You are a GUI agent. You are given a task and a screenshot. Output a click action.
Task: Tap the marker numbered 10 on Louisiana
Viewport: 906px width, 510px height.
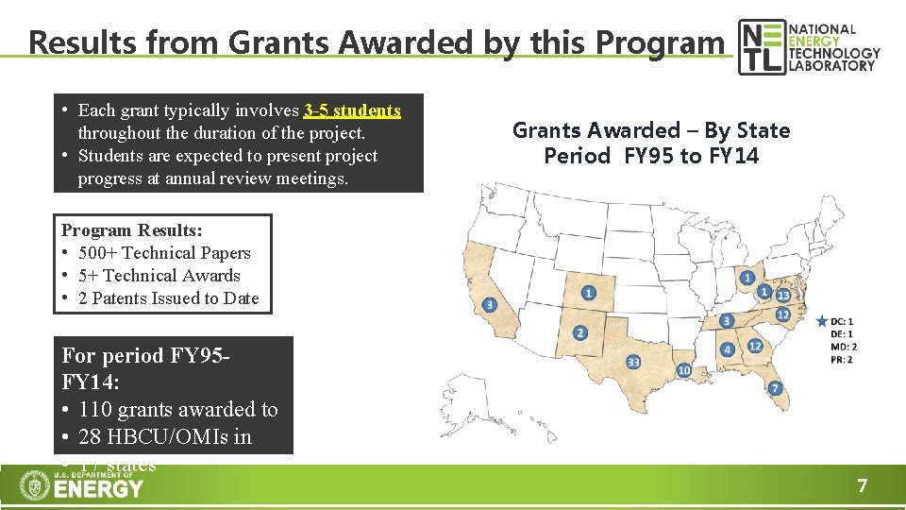tap(684, 370)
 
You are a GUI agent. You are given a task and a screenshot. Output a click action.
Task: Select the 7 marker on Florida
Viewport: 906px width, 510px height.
tap(775, 387)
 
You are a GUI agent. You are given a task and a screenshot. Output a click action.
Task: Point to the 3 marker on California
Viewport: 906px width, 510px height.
tap(489, 304)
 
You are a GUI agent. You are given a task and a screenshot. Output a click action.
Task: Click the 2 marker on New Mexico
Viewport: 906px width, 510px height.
tap(579, 332)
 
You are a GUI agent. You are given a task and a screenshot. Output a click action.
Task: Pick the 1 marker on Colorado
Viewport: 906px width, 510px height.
tap(589, 293)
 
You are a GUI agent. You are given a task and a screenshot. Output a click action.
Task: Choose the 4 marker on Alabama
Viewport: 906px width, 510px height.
tap(727, 349)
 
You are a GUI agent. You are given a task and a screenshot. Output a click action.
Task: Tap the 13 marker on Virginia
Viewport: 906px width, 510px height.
tap(782, 296)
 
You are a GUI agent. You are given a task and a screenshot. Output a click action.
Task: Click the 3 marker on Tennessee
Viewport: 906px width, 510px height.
tap(726, 321)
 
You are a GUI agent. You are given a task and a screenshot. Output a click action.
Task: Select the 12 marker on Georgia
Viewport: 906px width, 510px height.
tap(755, 347)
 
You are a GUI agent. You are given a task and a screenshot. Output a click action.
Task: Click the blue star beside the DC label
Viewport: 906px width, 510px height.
tap(822, 322)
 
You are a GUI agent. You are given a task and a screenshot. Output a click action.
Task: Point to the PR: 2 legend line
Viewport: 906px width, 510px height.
tap(843, 360)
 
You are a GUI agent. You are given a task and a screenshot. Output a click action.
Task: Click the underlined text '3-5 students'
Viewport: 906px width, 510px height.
tap(352, 110)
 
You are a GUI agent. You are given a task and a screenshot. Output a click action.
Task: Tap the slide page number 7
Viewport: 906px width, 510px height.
tap(861, 486)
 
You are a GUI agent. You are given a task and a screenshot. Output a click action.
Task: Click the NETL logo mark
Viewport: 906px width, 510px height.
tap(761, 46)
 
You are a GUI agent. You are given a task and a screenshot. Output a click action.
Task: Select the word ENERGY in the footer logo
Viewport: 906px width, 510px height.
tap(98, 489)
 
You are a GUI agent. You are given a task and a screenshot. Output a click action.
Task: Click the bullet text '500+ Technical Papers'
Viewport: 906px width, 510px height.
tap(164, 253)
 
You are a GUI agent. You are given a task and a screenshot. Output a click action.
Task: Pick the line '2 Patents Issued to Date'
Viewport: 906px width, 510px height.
tap(168, 298)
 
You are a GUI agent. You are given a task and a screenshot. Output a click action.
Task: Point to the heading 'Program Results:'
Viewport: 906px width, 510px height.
tap(131, 230)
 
